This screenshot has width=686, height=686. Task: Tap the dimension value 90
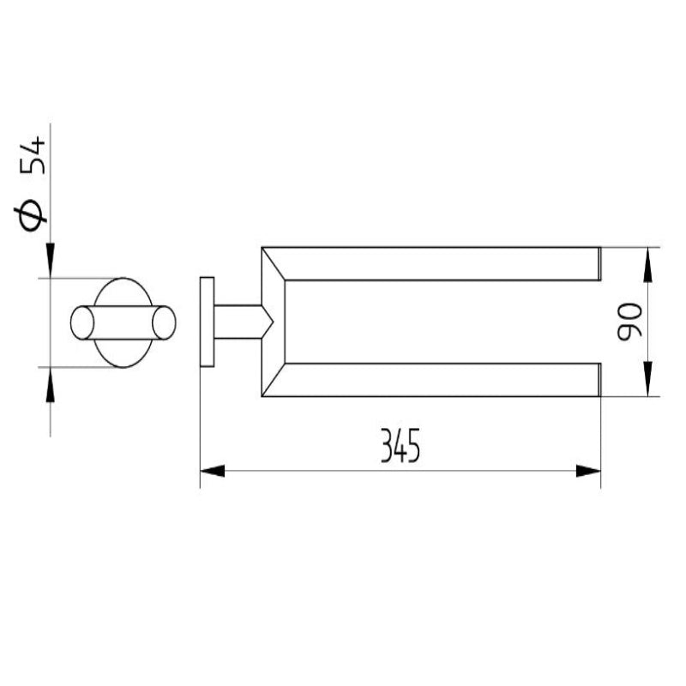point(630,322)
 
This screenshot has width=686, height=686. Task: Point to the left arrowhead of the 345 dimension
point(211,471)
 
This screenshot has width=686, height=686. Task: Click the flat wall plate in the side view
point(207,322)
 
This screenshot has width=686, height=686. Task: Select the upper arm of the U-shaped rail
point(429,263)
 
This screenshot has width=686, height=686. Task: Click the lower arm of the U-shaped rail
point(429,380)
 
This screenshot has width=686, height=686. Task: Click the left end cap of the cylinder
point(82,322)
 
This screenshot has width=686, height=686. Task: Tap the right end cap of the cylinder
point(164,322)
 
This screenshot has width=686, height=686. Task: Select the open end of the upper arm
point(599,263)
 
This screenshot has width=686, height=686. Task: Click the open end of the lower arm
point(599,380)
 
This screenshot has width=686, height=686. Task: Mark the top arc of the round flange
point(123,279)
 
